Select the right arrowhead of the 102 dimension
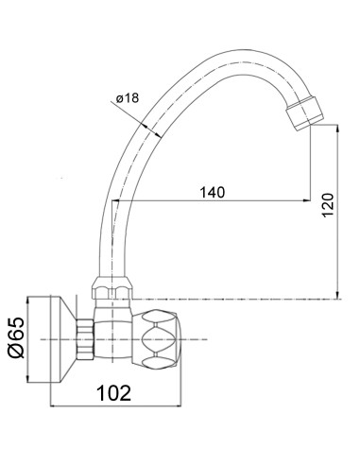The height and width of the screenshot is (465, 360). (190, 408)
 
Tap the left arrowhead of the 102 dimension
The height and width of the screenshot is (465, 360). (50, 408)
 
